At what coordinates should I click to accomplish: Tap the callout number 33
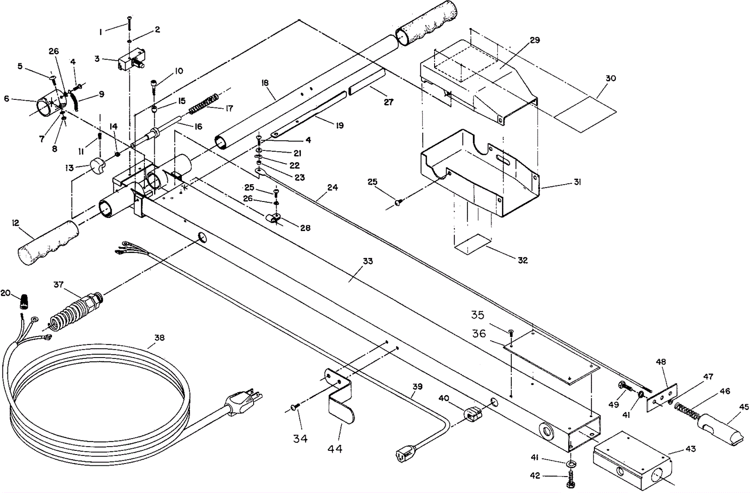tap(367, 261)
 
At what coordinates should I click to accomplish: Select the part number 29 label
tap(535, 40)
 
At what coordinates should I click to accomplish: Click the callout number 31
tap(577, 182)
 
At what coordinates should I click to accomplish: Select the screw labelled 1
tap(129, 23)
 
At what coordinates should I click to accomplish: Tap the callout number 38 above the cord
tap(159, 338)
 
